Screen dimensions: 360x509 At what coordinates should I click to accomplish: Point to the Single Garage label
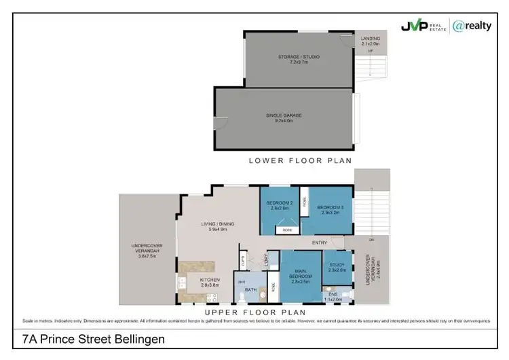(284, 118)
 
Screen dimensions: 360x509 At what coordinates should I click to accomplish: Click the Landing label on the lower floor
(371, 41)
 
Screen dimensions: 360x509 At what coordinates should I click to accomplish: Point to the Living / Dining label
(217, 226)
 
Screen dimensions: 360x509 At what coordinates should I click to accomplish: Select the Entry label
(320, 242)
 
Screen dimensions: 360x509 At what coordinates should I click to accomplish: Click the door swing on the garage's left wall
(218, 124)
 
